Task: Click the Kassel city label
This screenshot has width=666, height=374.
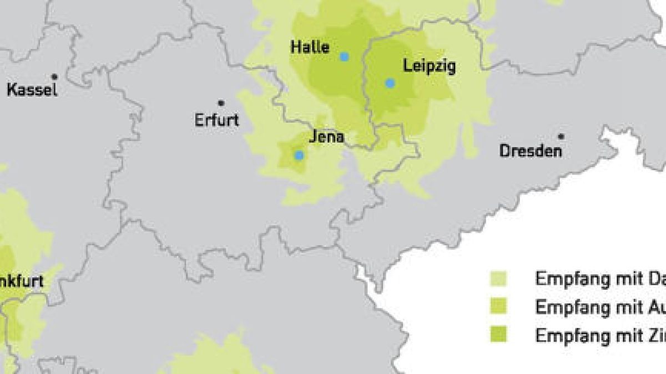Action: pos(32,89)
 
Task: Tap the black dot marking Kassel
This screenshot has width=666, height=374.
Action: pos(54,76)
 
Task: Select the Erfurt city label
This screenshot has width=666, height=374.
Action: pos(216,120)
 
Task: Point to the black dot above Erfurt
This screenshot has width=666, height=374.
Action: pos(221,103)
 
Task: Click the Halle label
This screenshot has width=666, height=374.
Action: pos(310,48)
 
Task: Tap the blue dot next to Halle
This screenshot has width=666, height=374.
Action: pos(345,57)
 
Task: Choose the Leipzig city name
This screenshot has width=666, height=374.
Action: pos(430,67)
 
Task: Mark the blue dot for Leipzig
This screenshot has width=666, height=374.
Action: pos(390,83)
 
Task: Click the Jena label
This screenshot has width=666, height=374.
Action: pos(327,137)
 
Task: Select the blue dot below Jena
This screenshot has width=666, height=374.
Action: pos(299,155)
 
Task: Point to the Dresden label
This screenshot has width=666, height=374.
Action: pos(531,150)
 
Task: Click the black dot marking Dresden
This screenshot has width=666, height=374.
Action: pos(561,136)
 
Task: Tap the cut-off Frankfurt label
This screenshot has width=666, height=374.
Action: pos(22,281)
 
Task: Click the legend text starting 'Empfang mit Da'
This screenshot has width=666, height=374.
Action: pos(599,279)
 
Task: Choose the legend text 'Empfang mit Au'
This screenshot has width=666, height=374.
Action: pos(599,307)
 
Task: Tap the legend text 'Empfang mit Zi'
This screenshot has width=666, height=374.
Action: pos(599,335)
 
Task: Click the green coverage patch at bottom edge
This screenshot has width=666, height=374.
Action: pos(216,357)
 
